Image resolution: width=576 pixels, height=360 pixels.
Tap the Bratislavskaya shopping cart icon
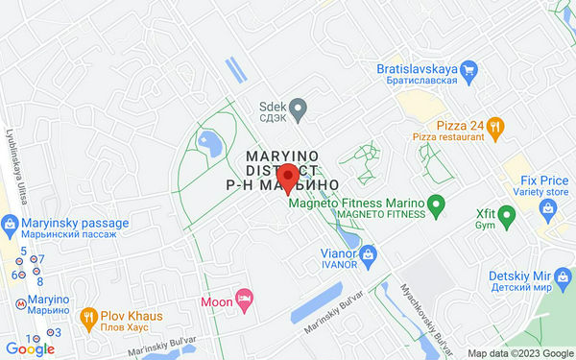click(x=468, y=69)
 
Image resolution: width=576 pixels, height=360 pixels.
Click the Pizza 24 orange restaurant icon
click(x=494, y=125)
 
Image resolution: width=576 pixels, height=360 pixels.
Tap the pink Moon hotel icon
click(x=244, y=301)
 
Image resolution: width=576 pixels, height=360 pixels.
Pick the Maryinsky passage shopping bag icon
click(x=10, y=226)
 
